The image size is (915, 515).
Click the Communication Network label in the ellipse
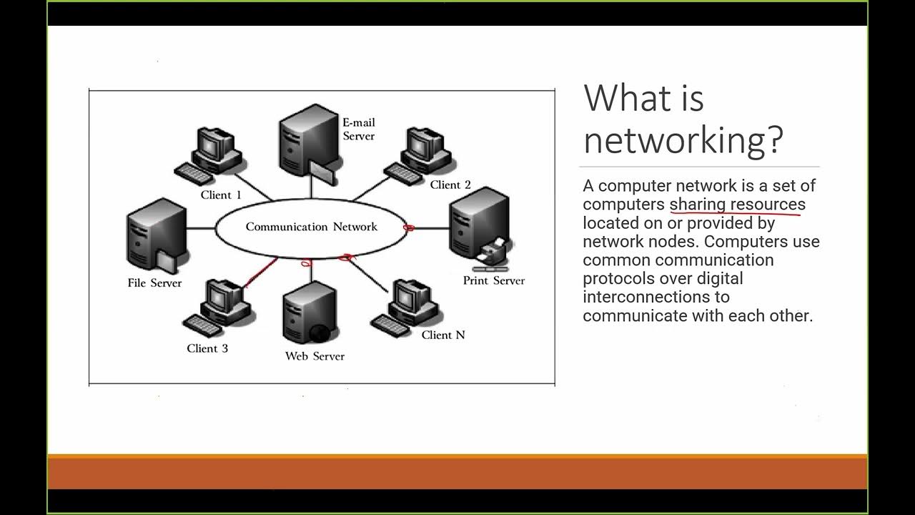[311, 227]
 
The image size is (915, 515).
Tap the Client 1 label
[220, 195]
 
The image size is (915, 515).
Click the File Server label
[154, 283]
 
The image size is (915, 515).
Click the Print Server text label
[493, 280]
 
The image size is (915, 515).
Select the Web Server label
[315, 356]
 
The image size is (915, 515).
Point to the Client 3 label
[207, 348]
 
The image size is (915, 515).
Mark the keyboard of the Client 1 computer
[194, 174]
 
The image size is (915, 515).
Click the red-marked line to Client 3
[261, 273]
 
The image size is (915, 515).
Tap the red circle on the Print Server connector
[409, 228]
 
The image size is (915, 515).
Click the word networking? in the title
[683, 139]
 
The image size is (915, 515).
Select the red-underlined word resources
[766, 204]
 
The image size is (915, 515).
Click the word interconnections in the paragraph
[656, 297]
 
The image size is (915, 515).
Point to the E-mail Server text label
[358, 129]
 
